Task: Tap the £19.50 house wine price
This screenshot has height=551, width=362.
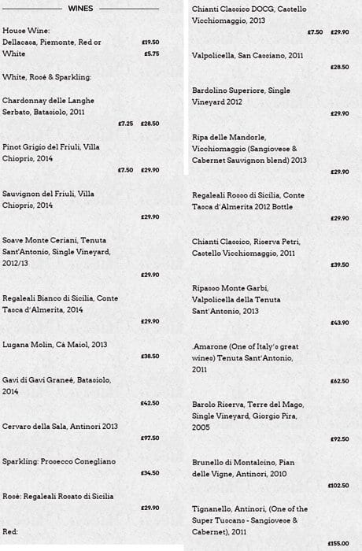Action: tap(150, 42)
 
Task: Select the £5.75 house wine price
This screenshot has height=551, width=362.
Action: tap(152, 54)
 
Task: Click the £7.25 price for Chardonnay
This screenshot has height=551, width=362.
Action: tap(125, 124)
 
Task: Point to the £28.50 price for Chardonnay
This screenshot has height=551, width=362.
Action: tap(150, 124)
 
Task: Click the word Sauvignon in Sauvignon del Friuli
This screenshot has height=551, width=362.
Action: tap(22, 194)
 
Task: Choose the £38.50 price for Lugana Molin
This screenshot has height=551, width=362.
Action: tap(150, 357)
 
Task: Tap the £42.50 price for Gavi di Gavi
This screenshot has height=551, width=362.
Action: tap(150, 403)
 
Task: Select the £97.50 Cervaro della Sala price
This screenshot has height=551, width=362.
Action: tap(150, 438)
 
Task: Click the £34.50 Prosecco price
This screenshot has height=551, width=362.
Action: tap(150, 473)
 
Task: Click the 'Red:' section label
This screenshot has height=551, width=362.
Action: tap(10, 531)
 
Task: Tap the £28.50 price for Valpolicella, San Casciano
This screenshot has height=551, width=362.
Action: tap(340, 67)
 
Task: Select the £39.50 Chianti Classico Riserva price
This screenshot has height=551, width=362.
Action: tap(340, 264)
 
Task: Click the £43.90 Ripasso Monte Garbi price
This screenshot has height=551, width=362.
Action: tap(340, 322)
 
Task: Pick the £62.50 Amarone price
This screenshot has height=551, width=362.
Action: tap(340, 380)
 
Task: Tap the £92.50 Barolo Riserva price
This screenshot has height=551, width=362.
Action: tap(340, 438)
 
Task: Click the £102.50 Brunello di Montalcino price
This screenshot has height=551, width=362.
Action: tap(338, 486)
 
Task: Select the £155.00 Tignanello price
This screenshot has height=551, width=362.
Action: tap(338, 543)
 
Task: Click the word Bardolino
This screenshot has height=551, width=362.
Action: tap(209, 91)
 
